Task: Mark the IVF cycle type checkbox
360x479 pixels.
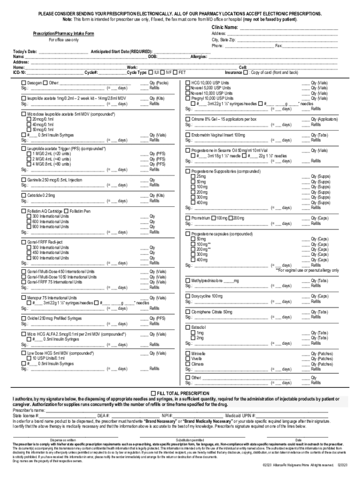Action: [x=163, y=73]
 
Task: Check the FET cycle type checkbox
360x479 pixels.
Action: [x=175, y=73]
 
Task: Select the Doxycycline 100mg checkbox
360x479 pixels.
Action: [x=188, y=297]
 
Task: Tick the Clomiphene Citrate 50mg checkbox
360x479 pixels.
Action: [x=188, y=312]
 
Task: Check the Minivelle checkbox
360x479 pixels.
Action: [x=188, y=354]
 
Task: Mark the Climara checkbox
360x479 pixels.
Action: [x=188, y=364]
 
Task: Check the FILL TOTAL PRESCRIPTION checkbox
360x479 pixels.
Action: [x=153, y=393]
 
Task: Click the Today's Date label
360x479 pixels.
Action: [x=25, y=51]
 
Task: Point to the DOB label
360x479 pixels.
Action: [x=152, y=57]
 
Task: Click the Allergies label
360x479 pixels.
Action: [x=199, y=57]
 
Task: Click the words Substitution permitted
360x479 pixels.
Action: [x=189, y=440]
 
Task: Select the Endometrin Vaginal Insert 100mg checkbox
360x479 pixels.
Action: [x=188, y=135]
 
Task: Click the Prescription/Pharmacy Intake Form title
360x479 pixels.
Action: [x=63, y=34]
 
